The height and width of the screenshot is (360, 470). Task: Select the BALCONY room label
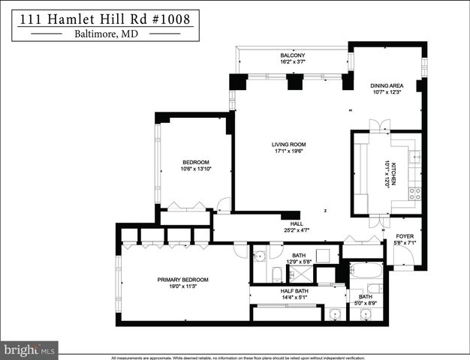[293, 56]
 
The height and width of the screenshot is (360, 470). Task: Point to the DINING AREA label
[387, 86]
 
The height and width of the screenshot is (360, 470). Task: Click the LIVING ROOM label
[289, 145]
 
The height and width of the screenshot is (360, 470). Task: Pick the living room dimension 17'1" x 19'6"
[289, 152]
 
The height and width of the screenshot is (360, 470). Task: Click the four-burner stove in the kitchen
[414, 193]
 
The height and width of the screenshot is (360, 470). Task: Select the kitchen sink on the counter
[414, 157]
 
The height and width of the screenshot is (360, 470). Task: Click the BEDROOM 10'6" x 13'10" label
[195, 166]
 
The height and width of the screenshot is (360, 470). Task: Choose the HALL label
[297, 223]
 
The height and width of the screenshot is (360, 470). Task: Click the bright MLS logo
[29, 349]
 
